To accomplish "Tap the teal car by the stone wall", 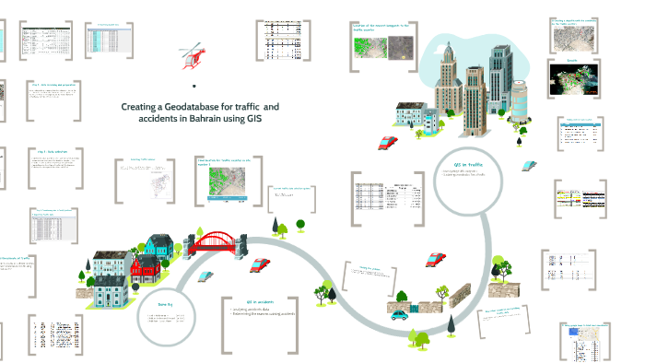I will point(399,314).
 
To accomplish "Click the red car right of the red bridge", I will point(260,264).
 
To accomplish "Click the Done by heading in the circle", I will point(166,302).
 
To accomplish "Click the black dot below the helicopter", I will point(194,85).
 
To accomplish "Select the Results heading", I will point(571,60).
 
